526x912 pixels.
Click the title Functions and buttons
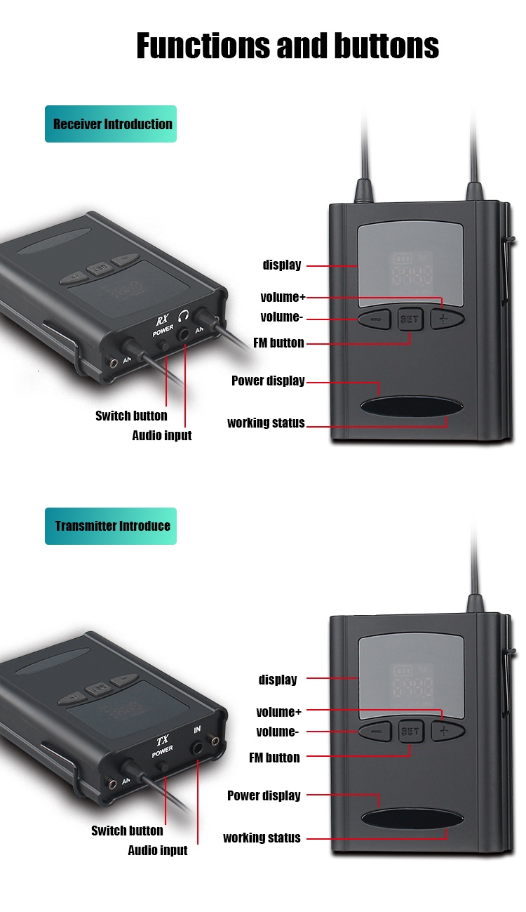point(288,46)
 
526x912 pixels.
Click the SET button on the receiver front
point(410,319)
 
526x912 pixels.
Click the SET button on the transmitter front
point(410,731)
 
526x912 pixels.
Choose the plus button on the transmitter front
point(447,731)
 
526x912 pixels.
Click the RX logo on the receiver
point(162,319)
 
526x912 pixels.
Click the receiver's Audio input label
point(162,435)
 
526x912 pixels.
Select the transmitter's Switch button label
point(127,831)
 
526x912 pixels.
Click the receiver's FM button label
point(278,343)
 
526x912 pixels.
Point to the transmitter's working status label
point(262,838)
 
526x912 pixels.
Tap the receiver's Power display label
point(268,381)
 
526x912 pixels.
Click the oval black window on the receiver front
point(412,407)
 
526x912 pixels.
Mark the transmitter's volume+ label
point(278,712)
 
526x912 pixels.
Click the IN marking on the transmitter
point(197,730)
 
